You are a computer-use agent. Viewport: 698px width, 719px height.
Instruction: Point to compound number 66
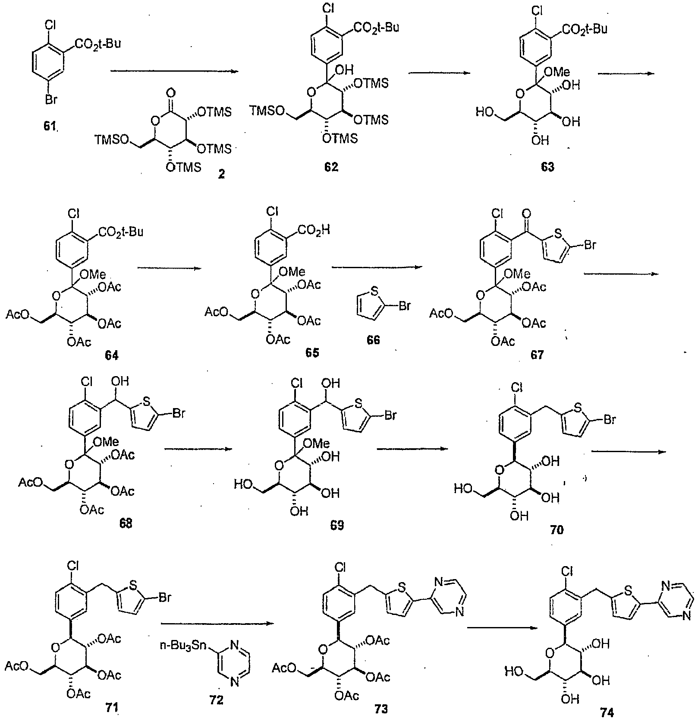point(374,340)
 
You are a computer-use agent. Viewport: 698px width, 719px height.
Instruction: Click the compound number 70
point(557,529)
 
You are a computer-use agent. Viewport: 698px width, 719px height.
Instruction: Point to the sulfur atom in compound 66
point(374,291)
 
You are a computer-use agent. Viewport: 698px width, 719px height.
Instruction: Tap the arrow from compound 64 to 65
point(169,268)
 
